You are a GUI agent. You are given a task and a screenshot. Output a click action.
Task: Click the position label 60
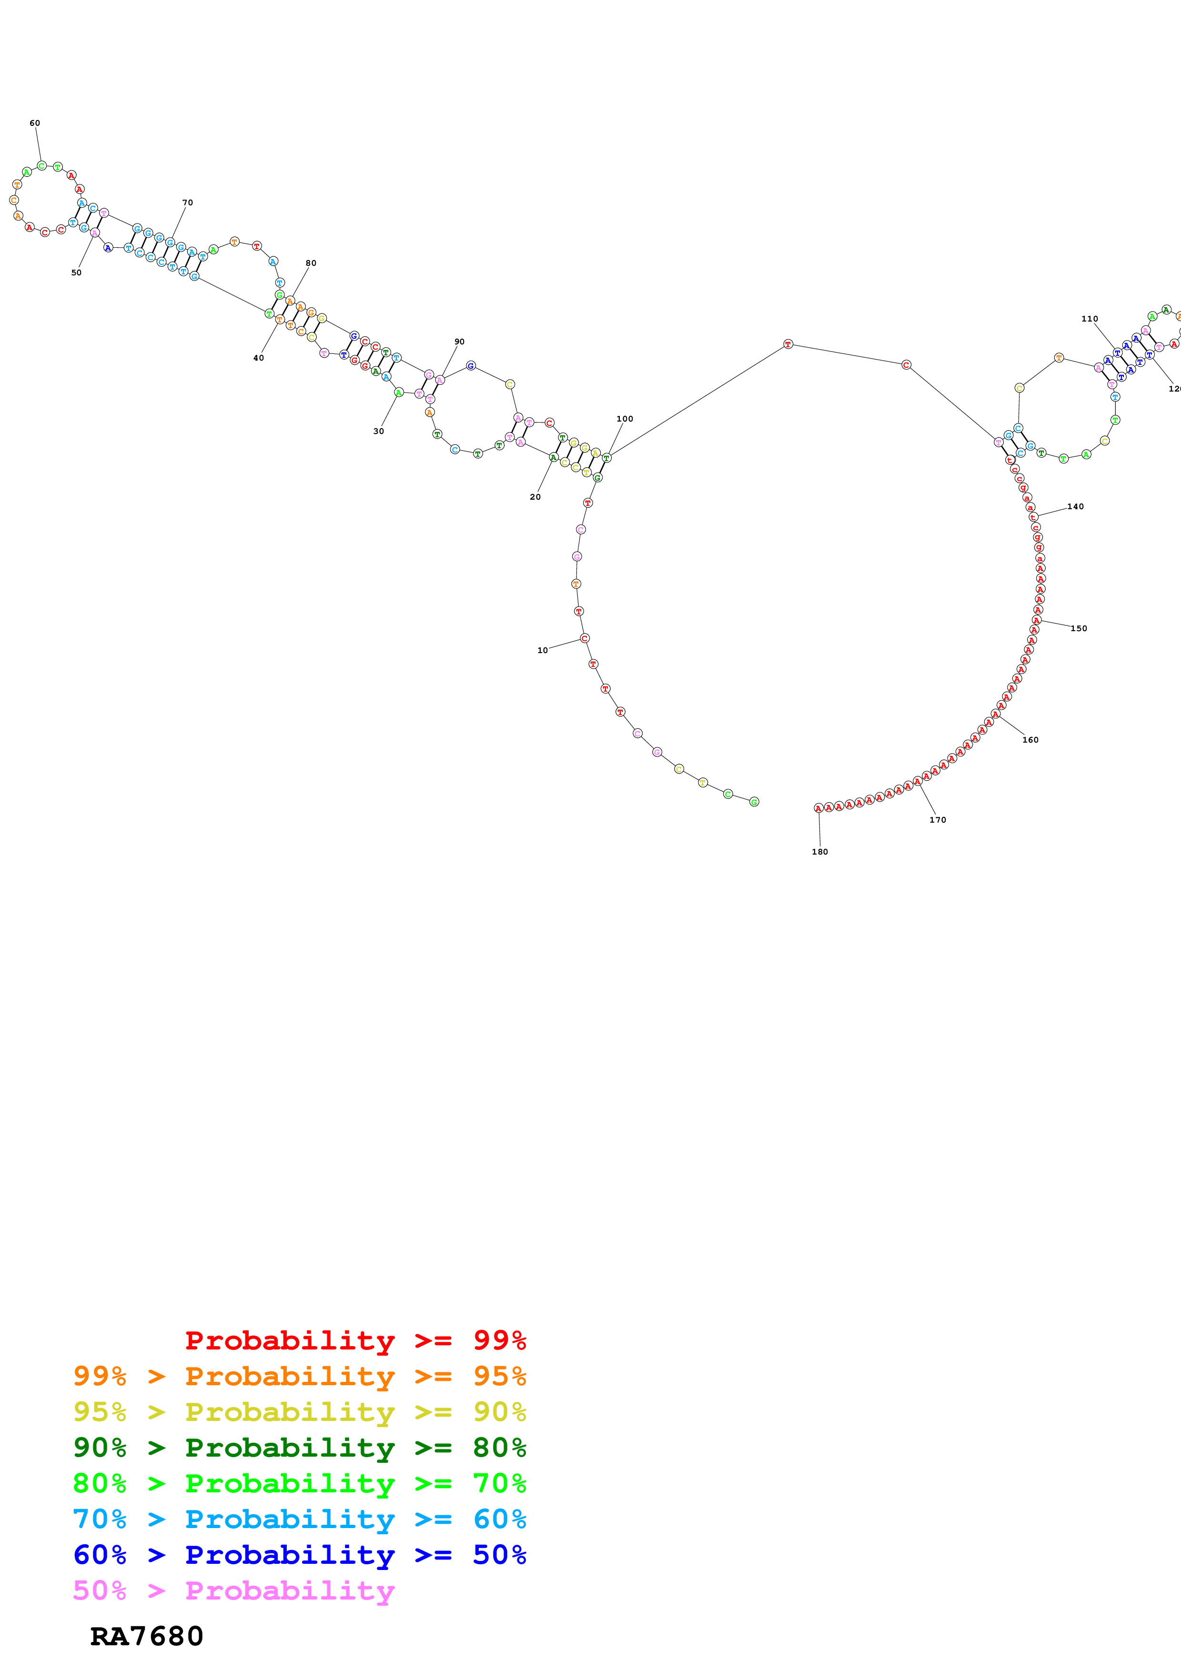pos(34,123)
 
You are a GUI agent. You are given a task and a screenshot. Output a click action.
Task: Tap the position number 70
pos(187,202)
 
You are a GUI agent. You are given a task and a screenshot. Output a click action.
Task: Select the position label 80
pos(311,263)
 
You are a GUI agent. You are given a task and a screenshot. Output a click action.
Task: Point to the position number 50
pos(76,273)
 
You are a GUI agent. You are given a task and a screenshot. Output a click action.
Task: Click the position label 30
pos(378,431)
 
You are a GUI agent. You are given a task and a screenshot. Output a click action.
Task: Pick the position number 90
pos(459,342)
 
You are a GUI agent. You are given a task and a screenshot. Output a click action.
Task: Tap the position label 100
pos(625,419)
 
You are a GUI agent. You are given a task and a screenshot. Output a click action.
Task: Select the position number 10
pos(542,650)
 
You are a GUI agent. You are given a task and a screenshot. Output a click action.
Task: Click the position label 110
pos(1090,319)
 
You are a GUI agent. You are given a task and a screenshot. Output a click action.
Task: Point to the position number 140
pos(1076,506)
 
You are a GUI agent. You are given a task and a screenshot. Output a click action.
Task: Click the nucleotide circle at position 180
pos(818,808)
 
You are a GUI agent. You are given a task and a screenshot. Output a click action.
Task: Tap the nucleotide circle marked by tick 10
pos(585,638)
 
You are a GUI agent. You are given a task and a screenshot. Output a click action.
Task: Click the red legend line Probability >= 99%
pos(355,1340)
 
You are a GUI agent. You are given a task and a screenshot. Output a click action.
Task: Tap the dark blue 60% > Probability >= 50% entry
pos(299,1555)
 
